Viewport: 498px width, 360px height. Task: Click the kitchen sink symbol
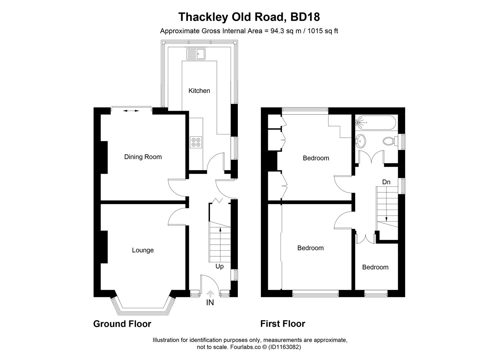196,54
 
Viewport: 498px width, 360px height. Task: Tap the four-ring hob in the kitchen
196,142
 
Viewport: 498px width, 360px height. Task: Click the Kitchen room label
199,91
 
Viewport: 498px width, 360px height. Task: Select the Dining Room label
143,157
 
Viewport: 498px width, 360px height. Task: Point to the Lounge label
143,250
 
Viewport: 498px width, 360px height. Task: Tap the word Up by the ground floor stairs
220,266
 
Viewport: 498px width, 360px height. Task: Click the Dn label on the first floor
386,182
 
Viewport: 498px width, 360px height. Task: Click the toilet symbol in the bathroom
389,141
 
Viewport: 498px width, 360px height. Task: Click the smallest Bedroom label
375,267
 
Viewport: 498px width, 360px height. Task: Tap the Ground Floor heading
122,324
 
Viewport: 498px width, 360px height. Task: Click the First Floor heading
282,324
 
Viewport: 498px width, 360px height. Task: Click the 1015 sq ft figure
322,31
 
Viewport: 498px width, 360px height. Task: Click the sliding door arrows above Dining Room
132,110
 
